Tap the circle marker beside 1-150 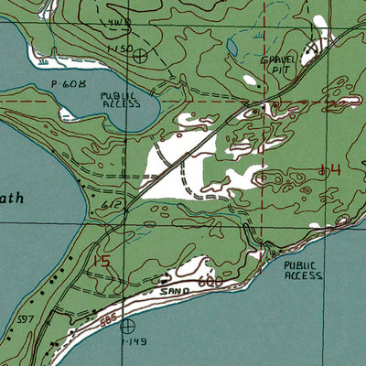(x=139, y=55)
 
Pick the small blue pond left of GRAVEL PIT (x=232, y=44)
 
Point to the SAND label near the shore (x=173, y=291)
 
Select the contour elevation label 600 (x=210, y=284)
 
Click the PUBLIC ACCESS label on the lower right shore (x=303, y=270)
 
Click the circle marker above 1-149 (x=127, y=325)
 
